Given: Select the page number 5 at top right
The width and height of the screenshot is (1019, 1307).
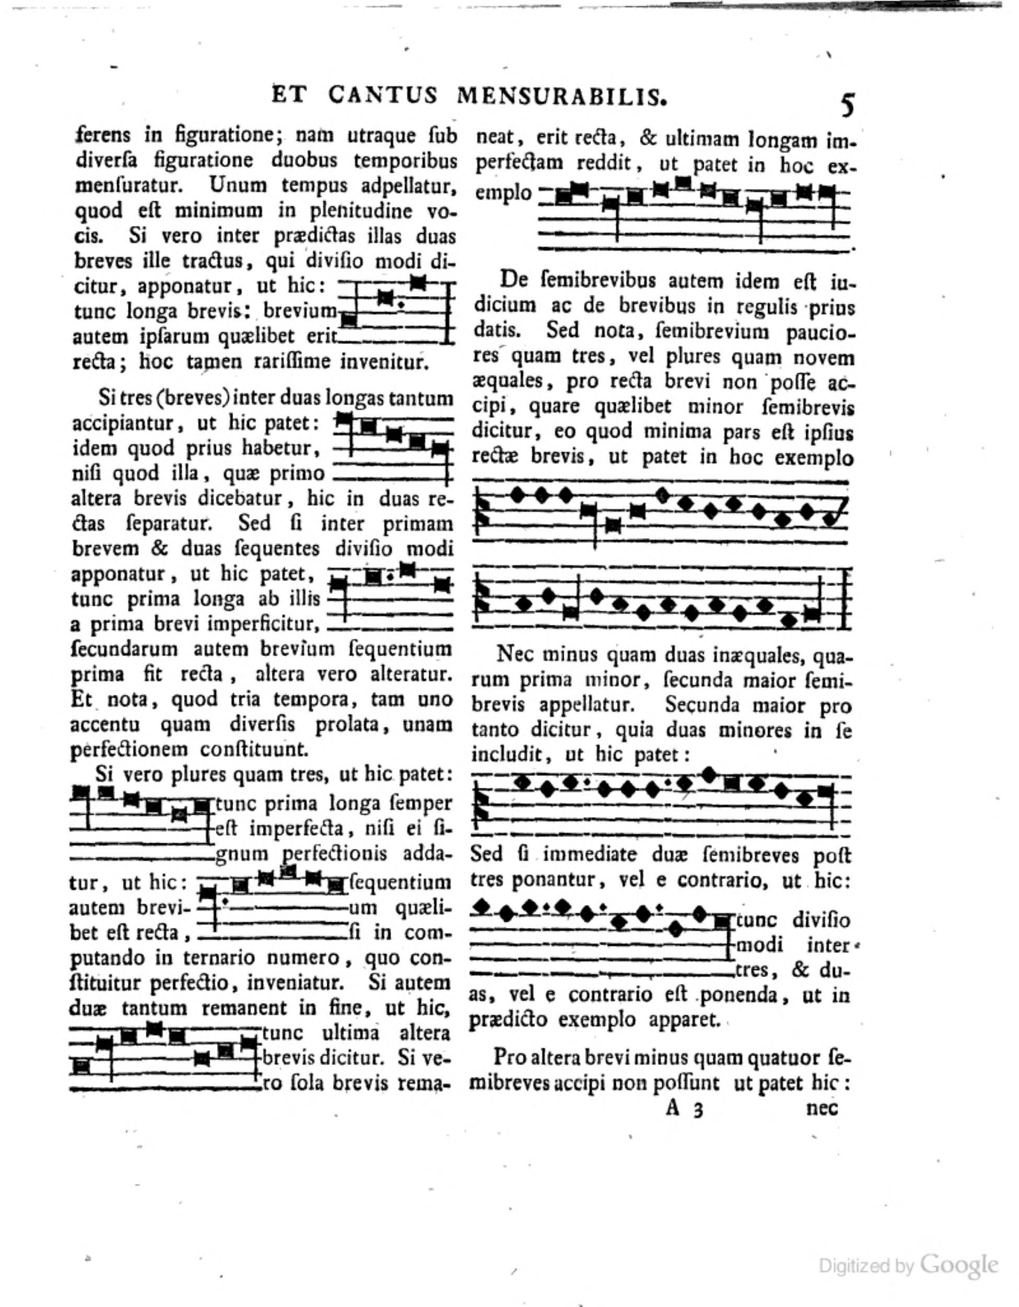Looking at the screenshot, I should point(848,105).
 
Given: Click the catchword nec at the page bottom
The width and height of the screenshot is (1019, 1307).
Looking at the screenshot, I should point(822,1108).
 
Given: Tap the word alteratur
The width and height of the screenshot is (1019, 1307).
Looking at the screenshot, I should point(409,674).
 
